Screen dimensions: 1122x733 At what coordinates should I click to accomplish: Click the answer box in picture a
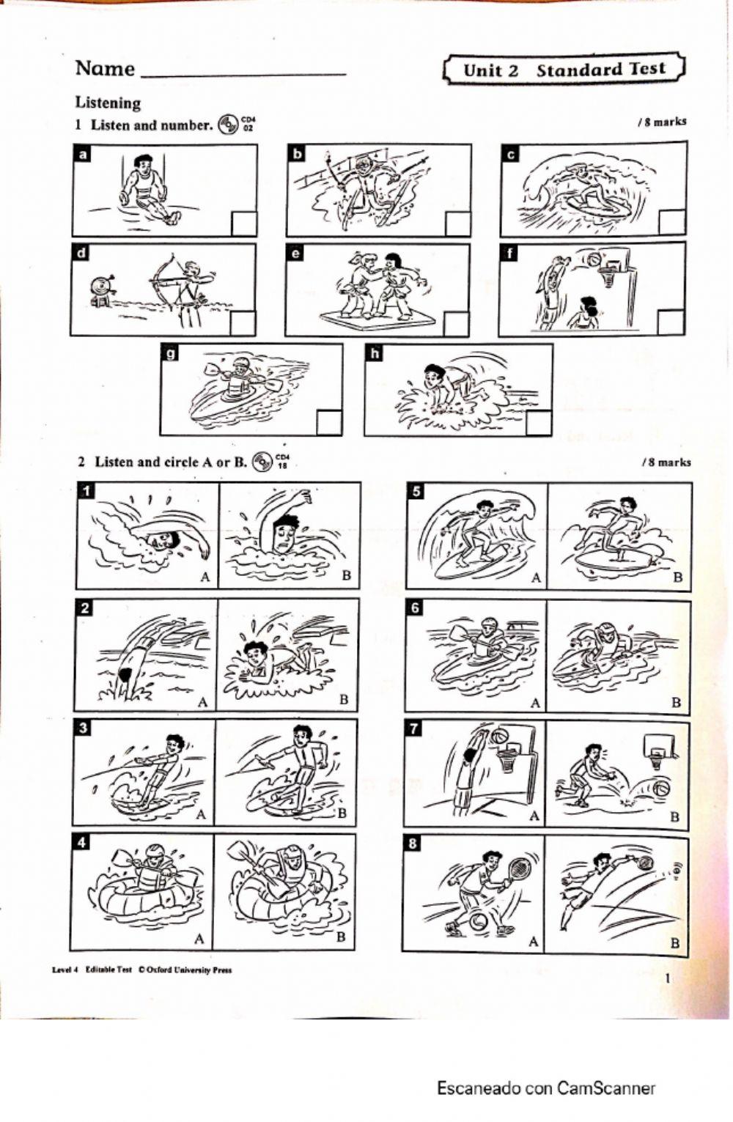244,224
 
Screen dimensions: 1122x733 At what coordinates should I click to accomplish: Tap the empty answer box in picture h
539,424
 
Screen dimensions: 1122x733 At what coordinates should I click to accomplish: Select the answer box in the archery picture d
243,323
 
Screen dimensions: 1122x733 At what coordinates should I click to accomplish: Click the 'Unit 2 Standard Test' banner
564,70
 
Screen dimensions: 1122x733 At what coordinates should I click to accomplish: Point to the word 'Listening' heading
108,103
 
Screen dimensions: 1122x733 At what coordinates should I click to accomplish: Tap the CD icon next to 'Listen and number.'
228,125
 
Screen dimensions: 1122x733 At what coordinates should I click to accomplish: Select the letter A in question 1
205,577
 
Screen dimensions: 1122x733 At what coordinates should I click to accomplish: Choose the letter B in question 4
340,937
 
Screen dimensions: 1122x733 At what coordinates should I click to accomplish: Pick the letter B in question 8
674,942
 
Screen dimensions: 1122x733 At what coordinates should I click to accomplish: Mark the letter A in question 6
535,703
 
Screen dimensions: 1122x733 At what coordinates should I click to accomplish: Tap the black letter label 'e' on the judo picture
296,254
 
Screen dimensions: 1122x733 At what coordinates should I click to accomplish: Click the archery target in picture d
102,284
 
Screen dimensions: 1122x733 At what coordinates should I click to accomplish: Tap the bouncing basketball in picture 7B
661,789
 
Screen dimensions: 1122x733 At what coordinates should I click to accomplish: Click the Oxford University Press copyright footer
142,970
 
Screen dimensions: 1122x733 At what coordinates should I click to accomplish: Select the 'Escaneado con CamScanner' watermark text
546,1088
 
